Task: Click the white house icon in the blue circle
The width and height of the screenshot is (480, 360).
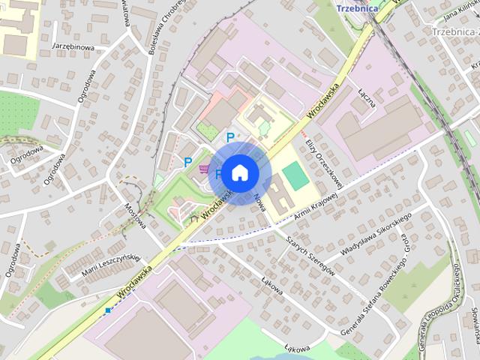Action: pyautogui.click(x=239, y=172)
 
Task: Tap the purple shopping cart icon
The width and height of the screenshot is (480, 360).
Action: pyautogui.click(x=204, y=169)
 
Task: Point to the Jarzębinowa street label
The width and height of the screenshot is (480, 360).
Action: pyautogui.click(x=73, y=46)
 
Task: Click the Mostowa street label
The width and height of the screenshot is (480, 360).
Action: pyautogui.click(x=136, y=217)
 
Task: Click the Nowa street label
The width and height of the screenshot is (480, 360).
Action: pyautogui.click(x=260, y=202)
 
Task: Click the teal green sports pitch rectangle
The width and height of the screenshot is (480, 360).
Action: pyautogui.click(x=295, y=178)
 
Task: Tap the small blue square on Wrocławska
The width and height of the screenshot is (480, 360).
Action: pyautogui.click(x=108, y=310)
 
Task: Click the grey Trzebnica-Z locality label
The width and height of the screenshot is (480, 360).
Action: pyautogui.click(x=455, y=31)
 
